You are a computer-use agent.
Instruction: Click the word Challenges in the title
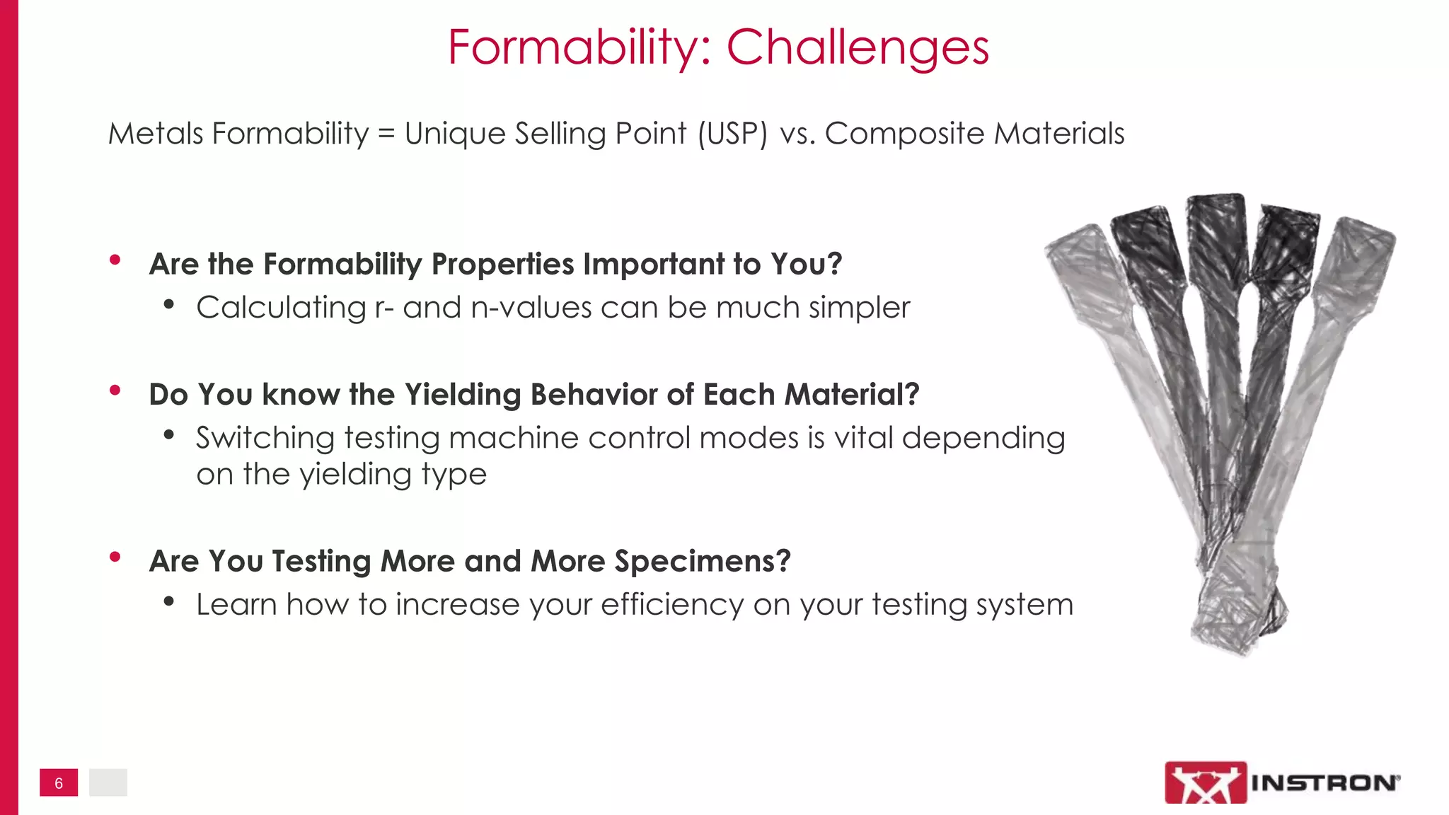pos(858,48)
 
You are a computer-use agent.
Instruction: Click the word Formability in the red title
pos(579,48)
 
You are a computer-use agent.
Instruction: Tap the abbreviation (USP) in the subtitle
pos(732,134)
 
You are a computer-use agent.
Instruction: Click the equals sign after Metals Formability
pos(386,134)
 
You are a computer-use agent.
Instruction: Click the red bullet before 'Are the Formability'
pos(115,260)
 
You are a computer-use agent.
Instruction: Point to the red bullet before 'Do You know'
pos(115,391)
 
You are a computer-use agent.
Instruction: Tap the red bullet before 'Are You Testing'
pos(115,557)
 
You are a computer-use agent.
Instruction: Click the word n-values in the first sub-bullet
pos(531,308)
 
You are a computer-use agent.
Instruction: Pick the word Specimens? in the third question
pos(702,561)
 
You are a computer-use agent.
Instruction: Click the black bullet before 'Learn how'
pos(168,602)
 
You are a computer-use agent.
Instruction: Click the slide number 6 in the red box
pos(59,783)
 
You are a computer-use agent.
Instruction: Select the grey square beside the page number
pos(108,782)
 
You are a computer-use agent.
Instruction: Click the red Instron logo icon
pos(1205,782)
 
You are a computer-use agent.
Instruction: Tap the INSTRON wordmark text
pos(1324,782)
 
